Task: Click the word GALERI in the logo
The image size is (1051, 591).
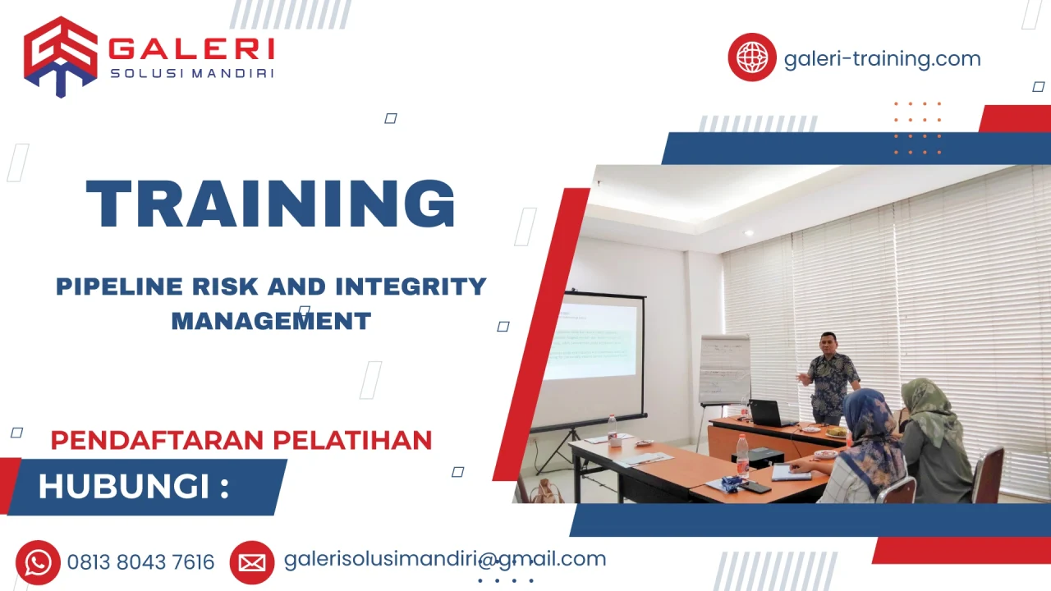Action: pyautogui.click(x=191, y=49)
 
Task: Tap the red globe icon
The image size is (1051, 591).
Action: pyautogui.click(x=751, y=57)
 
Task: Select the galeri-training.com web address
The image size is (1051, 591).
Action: pyautogui.click(x=882, y=59)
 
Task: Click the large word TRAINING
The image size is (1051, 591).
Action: pyautogui.click(x=271, y=204)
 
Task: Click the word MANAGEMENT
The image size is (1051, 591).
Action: pyautogui.click(x=271, y=320)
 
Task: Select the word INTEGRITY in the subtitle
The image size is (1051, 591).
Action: pyautogui.click(x=411, y=286)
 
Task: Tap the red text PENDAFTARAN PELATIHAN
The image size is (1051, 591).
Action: pyautogui.click(x=241, y=440)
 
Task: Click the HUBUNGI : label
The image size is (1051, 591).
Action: pyautogui.click(x=133, y=487)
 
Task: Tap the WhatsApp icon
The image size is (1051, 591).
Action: pyautogui.click(x=38, y=562)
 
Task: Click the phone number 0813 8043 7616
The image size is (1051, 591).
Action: pyautogui.click(x=140, y=562)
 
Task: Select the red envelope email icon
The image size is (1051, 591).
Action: pyautogui.click(x=252, y=562)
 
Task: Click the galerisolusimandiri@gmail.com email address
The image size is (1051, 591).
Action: pyautogui.click(x=444, y=559)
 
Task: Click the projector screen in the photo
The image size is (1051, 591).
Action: pyautogui.click(x=593, y=341)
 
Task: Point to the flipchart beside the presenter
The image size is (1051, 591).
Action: pyautogui.click(x=724, y=369)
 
